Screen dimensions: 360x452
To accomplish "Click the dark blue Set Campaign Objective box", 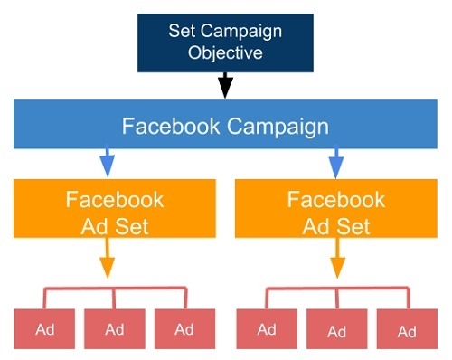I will point(225,42).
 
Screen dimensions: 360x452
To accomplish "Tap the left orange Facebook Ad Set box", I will point(115,212).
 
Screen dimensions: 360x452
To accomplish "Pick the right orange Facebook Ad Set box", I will point(335,212).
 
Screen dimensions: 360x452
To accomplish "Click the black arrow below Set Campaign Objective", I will point(225,87).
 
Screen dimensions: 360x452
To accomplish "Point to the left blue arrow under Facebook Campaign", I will point(108,163).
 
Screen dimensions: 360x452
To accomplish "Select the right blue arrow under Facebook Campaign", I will point(336,163).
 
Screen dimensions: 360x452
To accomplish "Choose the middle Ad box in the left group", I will point(115,328).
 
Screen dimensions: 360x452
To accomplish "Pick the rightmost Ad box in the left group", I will point(184,328).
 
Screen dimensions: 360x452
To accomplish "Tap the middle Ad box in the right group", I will point(335,328).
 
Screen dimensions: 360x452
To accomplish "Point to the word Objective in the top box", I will point(225,52).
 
